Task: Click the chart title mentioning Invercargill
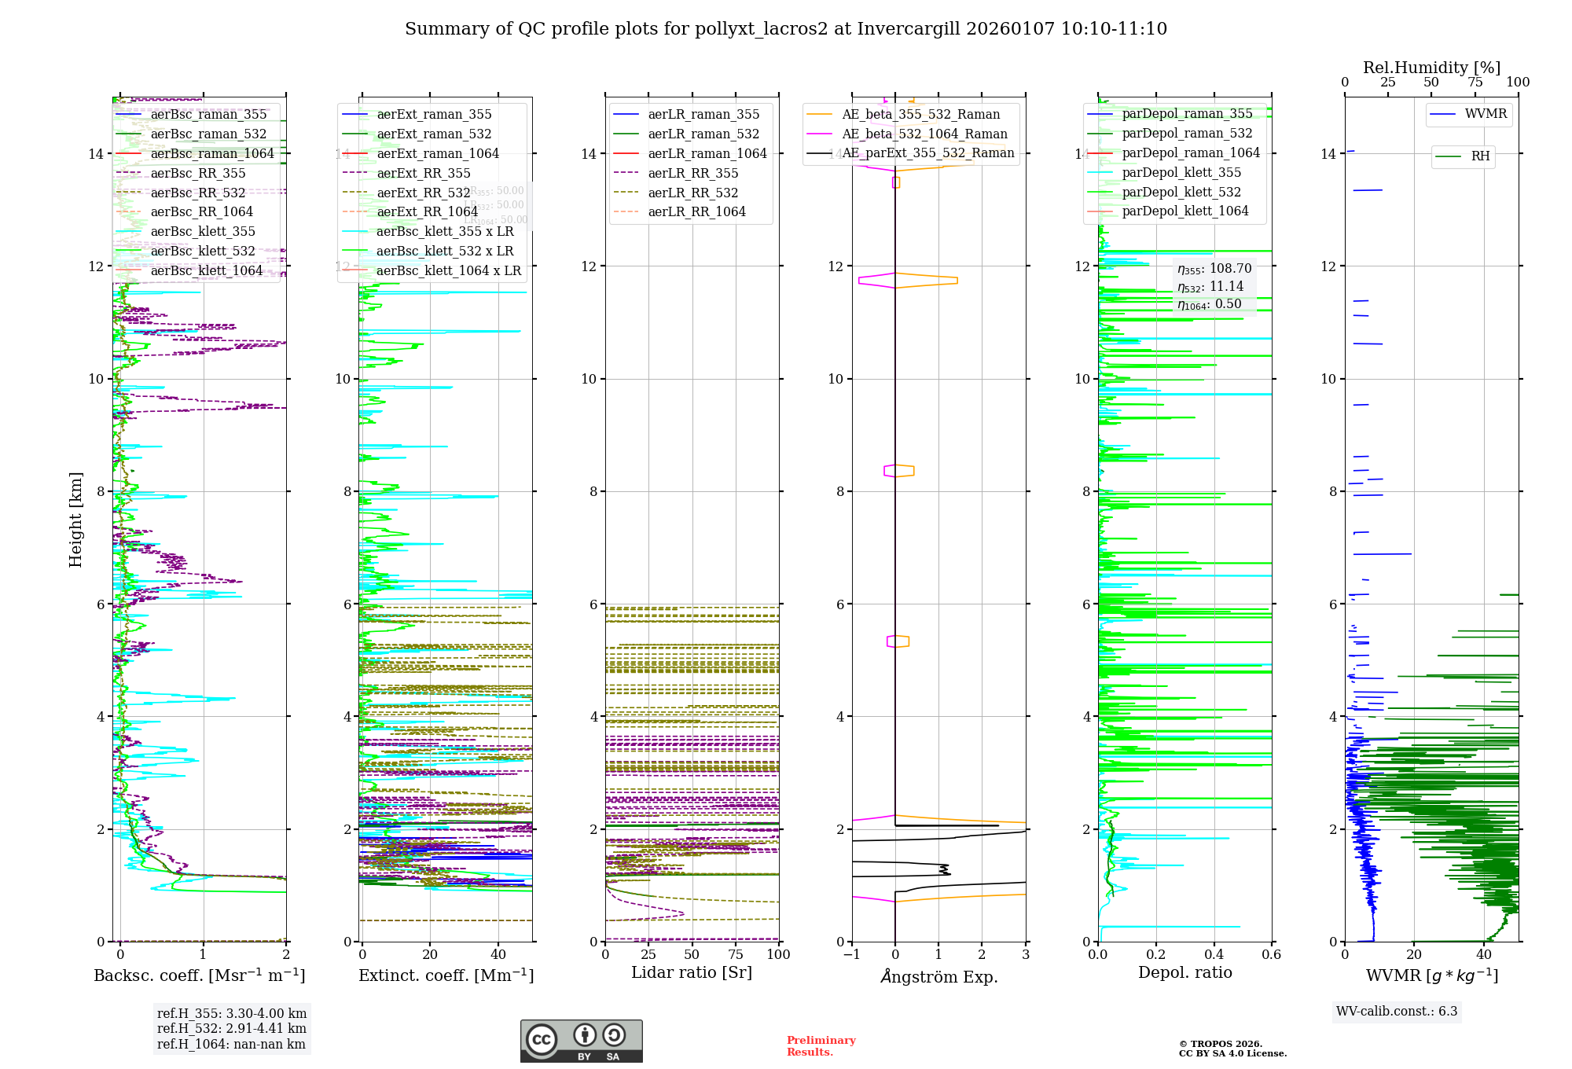[x=786, y=29]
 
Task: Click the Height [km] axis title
[x=75, y=520]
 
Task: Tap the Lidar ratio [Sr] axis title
[x=692, y=973]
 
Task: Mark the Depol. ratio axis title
[x=1185, y=973]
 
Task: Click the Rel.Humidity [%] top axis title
[x=1431, y=68]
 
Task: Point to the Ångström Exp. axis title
[x=939, y=977]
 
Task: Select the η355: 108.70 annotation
[x=1214, y=269]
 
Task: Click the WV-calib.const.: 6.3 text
[x=1397, y=1012]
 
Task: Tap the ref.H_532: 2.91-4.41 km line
[x=232, y=1029]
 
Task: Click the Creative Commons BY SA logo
[x=581, y=1041]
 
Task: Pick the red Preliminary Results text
[x=821, y=1046]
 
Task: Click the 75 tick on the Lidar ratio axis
[x=736, y=955]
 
